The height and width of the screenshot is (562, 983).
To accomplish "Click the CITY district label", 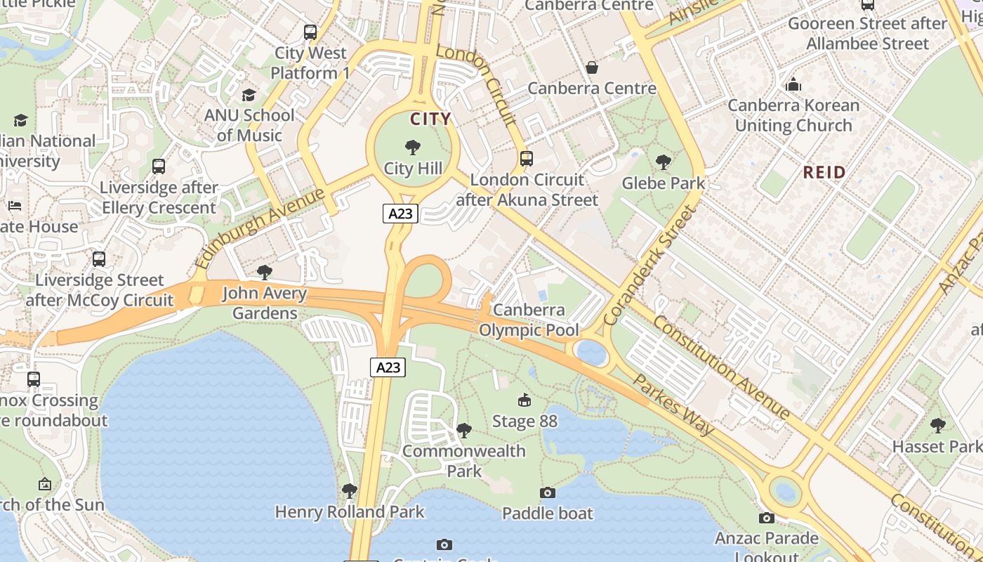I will coord(430,119).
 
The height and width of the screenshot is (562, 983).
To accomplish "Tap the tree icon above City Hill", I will coord(413,148).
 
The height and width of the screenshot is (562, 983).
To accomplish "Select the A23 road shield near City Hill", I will coord(400,214).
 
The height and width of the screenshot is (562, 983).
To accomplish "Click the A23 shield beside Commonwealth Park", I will coord(388,367).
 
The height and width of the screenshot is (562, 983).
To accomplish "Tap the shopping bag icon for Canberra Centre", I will coord(592,67).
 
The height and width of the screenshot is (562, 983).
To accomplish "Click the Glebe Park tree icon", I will coord(663,162).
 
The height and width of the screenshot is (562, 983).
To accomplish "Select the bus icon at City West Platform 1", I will coord(310,32).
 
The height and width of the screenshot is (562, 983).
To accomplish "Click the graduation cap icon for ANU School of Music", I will coord(249,95).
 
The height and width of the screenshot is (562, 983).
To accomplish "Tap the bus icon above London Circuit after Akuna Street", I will coord(527,159).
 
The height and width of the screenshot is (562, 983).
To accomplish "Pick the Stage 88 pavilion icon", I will coord(524,400).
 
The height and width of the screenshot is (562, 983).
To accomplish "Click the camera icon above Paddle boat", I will coord(548,492).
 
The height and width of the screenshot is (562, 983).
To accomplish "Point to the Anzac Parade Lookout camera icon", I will coord(766,518).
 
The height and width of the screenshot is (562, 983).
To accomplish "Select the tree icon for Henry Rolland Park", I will coord(349,491).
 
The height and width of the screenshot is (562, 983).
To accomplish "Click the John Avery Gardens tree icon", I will coord(264,272).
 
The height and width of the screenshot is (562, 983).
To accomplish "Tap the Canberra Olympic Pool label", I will coord(529,320).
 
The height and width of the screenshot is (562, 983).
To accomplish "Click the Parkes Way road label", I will coord(673,405).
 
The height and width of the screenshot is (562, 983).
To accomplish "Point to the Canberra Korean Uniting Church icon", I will coord(793,85).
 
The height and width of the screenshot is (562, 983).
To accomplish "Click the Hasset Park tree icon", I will coord(937,425).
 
